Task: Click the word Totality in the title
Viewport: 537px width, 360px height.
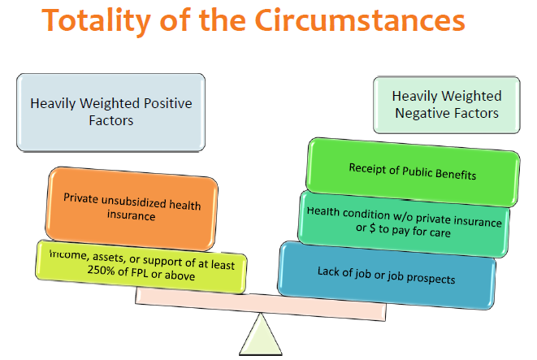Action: tap(96, 20)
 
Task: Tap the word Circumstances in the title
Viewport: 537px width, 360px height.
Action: tap(360, 20)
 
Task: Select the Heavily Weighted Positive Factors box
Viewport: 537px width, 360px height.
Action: tap(111, 112)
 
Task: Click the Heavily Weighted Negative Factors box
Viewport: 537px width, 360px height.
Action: tap(447, 105)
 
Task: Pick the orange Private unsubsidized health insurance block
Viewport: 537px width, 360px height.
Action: tap(132, 209)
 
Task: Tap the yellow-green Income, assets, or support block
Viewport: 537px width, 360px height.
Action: tap(141, 267)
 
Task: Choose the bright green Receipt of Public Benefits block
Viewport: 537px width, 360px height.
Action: tap(413, 172)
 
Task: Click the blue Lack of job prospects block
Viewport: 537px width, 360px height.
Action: tap(387, 275)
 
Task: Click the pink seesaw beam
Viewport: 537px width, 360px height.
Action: tap(261, 304)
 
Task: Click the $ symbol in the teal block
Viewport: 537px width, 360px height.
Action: tap(372, 228)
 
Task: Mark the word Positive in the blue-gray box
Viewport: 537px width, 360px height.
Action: tap(168, 103)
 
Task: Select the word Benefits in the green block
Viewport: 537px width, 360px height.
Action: tap(456, 174)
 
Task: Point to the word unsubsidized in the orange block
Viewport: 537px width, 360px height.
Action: tap(134, 202)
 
